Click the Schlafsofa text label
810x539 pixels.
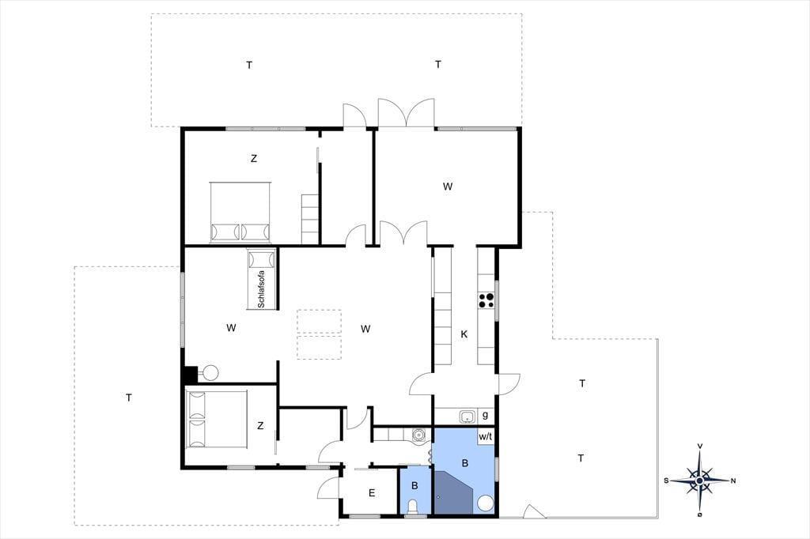[x=261, y=289]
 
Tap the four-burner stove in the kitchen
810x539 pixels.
[x=486, y=300]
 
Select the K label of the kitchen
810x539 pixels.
[x=464, y=334]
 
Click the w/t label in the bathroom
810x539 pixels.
[x=486, y=437]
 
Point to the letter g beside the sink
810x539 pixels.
[x=485, y=415]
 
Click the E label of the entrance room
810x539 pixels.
[x=372, y=493]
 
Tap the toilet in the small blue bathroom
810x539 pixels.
[x=413, y=507]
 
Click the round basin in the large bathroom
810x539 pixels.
[x=485, y=503]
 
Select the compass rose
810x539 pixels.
[x=699, y=481]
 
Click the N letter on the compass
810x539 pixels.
[x=733, y=481]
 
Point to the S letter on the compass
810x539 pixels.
[x=666, y=481]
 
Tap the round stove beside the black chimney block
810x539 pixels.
[x=210, y=372]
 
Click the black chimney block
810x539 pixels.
[x=190, y=375]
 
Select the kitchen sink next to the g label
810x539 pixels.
[x=467, y=416]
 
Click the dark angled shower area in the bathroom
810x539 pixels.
[x=453, y=492]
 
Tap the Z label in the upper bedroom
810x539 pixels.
[x=254, y=159]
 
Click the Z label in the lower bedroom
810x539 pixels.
[x=260, y=426]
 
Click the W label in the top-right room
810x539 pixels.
[x=448, y=187]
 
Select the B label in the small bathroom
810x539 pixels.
[x=414, y=486]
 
